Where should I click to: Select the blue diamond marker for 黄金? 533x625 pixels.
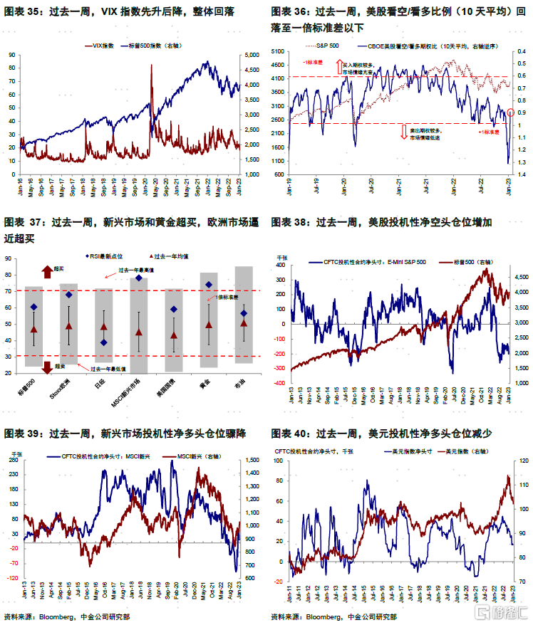(x=209, y=285)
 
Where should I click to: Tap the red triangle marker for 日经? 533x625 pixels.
(x=104, y=327)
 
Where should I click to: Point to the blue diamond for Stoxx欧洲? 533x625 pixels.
(x=69, y=295)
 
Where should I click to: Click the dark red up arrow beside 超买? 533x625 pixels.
(x=48, y=270)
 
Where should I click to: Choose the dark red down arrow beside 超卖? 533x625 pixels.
(x=48, y=368)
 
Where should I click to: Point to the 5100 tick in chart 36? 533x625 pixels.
(x=279, y=51)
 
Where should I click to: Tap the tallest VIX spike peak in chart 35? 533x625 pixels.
(x=151, y=65)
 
